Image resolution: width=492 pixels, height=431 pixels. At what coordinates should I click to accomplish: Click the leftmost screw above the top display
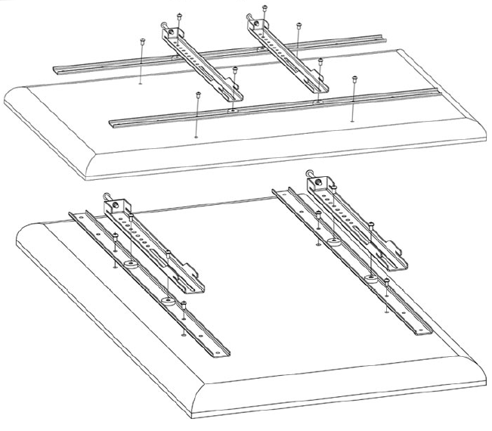pyautogui.click(x=141, y=41)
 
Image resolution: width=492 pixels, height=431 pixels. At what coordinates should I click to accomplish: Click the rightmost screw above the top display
pyautogui.click(x=354, y=78)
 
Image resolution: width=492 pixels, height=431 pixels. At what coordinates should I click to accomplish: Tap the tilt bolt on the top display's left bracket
pyautogui.click(x=163, y=28)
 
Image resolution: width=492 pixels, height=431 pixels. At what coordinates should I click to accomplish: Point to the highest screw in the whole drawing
pyautogui.click(x=265, y=8)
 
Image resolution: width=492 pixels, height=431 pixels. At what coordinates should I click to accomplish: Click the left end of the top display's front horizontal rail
pyautogui.click(x=112, y=121)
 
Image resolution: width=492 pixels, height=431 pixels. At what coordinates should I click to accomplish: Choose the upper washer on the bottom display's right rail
pyautogui.click(x=333, y=242)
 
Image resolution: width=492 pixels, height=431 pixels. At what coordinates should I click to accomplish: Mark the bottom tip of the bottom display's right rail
pyautogui.click(x=429, y=330)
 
